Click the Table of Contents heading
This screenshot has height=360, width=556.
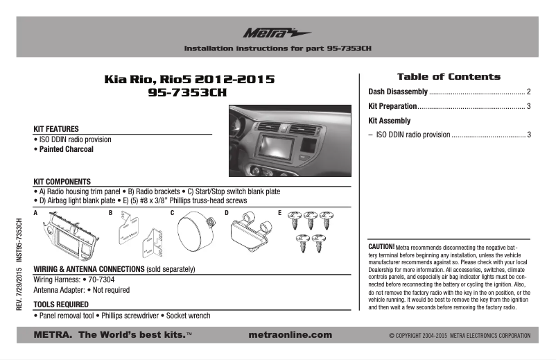pyautogui.click(x=448, y=76)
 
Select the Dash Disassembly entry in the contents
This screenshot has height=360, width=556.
pyautogui.click(x=397, y=92)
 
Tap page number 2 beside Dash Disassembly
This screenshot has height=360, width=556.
pyautogui.click(x=528, y=92)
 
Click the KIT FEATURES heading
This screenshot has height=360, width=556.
pyautogui.click(x=56, y=129)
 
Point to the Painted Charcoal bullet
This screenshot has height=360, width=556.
pyautogui.click(x=65, y=149)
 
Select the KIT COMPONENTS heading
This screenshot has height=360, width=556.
pyautogui.click(x=67, y=181)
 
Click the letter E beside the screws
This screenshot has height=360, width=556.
pyautogui.click(x=279, y=212)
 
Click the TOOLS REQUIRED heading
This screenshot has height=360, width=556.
pyautogui.click(x=62, y=304)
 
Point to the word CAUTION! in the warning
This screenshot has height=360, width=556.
pyautogui.click(x=381, y=246)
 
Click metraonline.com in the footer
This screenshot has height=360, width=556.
pyautogui.click(x=289, y=335)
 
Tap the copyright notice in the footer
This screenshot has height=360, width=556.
pyautogui.click(x=460, y=336)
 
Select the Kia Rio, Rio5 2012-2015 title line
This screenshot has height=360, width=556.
pyautogui.click(x=189, y=80)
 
